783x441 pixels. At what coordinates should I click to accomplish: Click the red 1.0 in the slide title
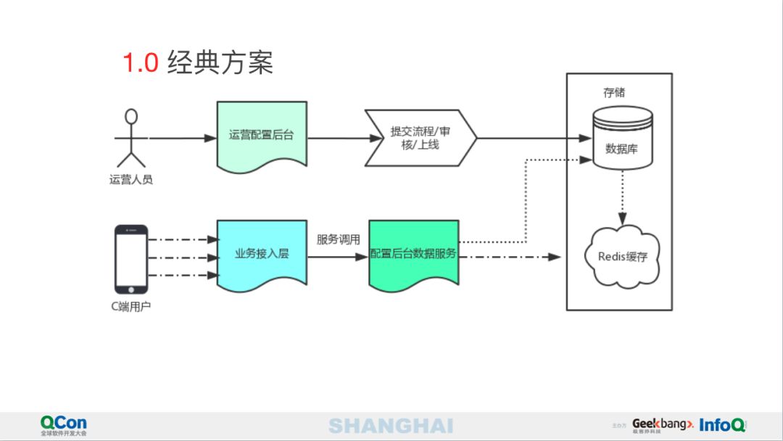coord(141,63)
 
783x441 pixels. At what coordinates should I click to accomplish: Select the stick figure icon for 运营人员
coord(130,138)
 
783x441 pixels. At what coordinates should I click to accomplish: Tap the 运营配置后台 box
coord(262,135)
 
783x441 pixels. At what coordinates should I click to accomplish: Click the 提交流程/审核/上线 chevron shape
coord(420,138)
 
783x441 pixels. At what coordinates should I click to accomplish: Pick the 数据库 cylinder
coord(622,138)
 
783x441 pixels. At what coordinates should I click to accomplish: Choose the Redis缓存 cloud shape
coord(622,257)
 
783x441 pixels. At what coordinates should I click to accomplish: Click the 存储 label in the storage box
coord(614,92)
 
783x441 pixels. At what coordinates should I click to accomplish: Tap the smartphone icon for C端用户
coord(130,259)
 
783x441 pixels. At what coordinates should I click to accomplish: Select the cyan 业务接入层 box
coord(262,254)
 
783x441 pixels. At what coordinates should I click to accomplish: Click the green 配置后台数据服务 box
coord(413,254)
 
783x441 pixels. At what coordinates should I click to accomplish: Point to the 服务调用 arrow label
coord(338,240)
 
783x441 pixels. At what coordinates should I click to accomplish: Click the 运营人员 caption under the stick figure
coord(130,179)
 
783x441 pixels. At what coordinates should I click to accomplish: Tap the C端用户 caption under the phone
coord(130,306)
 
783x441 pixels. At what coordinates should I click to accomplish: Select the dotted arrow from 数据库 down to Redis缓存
coord(622,198)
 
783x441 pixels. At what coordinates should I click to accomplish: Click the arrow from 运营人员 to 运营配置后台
coord(183,138)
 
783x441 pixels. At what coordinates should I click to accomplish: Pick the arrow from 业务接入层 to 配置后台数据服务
coord(338,257)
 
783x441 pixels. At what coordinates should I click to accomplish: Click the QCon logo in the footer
coord(63,426)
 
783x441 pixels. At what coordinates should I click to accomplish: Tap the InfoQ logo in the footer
coord(722,425)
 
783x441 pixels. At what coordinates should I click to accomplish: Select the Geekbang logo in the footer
coord(663,425)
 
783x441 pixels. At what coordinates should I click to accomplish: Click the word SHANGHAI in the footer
coord(391,426)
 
